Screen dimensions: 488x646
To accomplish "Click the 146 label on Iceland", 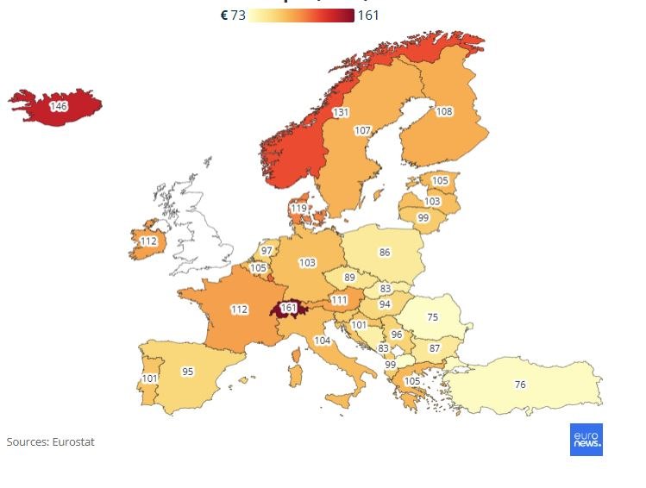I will click(59, 106).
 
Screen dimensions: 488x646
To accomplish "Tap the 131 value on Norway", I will click(342, 112).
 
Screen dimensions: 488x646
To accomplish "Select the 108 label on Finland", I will click(444, 111).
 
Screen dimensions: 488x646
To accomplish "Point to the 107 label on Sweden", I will click(363, 130).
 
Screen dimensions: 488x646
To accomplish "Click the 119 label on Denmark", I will click(298, 208).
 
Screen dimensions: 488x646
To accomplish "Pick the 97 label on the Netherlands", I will click(267, 250).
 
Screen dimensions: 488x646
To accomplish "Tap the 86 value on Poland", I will click(385, 253).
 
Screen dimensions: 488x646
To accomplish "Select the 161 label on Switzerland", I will click(289, 308).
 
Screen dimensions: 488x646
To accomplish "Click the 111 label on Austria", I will click(339, 299).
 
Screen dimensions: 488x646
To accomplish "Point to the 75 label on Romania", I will click(432, 316).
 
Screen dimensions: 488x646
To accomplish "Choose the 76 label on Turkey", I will click(519, 384).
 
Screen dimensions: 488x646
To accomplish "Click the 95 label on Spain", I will click(187, 372).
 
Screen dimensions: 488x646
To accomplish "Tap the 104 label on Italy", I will click(322, 341).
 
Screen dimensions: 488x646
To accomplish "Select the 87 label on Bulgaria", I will click(435, 348).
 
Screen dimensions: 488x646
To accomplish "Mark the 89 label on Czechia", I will click(349, 278).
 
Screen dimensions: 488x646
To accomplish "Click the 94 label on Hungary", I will click(385, 304).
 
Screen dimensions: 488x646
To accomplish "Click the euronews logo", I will click(586, 439).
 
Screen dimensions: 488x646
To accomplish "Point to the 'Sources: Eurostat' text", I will click(50, 441).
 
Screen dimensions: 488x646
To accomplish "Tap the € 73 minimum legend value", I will click(234, 15).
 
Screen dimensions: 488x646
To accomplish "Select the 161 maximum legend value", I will click(367, 15).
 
